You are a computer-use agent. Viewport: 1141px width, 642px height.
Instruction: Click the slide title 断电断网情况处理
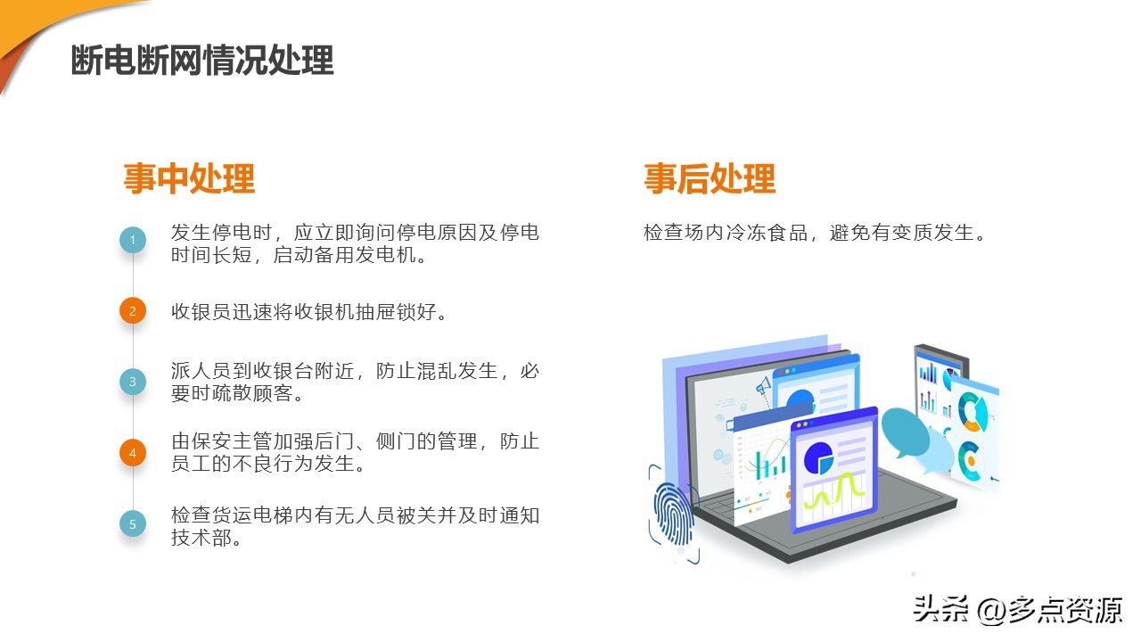[202, 61]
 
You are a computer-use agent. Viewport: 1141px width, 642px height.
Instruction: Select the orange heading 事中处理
[189, 178]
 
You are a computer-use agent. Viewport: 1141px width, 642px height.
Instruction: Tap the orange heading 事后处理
[710, 178]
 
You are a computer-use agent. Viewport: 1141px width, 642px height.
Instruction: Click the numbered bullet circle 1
[133, 240]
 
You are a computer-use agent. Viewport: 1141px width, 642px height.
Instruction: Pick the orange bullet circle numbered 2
[133, 311]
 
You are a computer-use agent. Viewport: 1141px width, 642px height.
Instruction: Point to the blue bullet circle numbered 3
[133, 382]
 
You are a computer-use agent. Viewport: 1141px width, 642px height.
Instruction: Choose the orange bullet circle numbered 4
[133, 453]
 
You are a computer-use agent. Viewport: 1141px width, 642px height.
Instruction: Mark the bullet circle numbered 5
[133, 524]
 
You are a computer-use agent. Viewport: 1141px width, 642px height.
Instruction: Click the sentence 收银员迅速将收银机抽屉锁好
[308, 312]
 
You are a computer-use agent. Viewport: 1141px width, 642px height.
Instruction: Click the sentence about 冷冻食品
[815, 234]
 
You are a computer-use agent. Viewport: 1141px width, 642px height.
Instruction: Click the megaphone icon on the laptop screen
[763, 387]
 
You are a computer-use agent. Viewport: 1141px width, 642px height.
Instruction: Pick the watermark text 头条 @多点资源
[1017, 610]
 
